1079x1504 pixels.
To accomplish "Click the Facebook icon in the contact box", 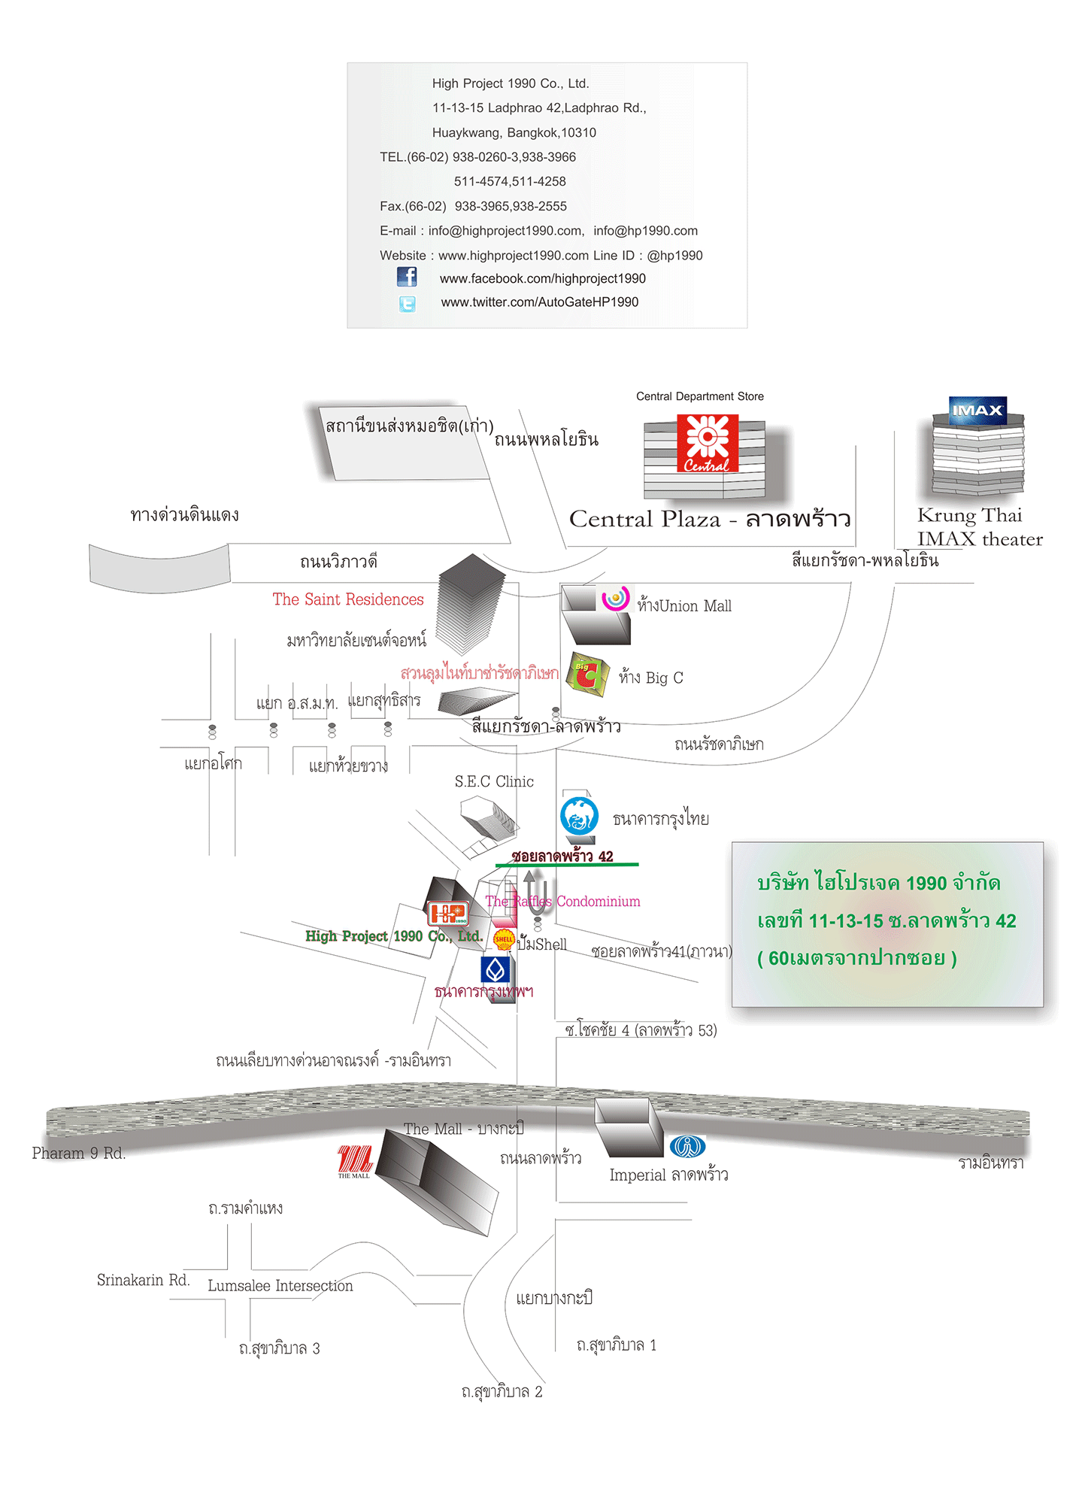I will [407, 277].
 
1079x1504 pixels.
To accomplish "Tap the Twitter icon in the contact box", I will [407, 303].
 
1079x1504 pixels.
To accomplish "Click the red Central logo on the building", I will [707, 444].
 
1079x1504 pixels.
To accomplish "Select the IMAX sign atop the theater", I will [977, 411].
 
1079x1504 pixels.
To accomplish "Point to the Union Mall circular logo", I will [615, 598].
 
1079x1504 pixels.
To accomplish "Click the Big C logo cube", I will [586, 675].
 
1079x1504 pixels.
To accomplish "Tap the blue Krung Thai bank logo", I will [579, 816].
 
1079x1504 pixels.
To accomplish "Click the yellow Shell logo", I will [504, 938].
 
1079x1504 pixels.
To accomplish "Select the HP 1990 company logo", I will [448, 914].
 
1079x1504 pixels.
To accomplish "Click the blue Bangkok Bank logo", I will [496, 969].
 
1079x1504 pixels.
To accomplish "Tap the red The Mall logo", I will [354, 1161].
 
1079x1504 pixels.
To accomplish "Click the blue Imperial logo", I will [686, 1147].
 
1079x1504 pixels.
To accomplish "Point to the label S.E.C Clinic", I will [494, 782].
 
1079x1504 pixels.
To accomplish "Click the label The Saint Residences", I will [348, 599].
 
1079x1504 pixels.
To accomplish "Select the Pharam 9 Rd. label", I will [78, 1154].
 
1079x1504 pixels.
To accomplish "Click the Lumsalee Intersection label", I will [280, 1286].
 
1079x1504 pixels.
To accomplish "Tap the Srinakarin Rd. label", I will [143, 1280].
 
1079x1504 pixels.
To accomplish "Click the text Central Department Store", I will [699, 396].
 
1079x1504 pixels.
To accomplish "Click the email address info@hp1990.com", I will [645, 231].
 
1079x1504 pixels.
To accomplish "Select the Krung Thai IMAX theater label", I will [979, 527].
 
